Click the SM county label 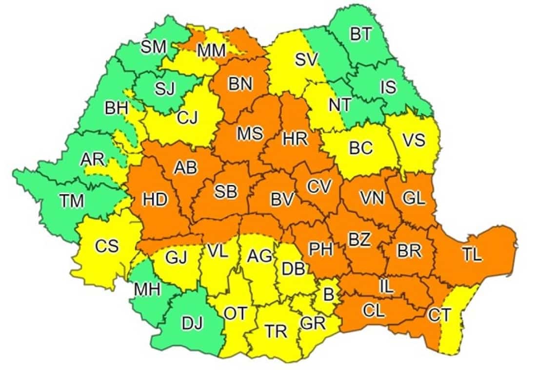click(153, 47)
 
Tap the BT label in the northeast click(360, 35)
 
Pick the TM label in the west click(71, 200)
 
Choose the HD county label click(155, 200)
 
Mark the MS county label click(250, 133)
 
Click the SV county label click(306, 60)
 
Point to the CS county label click(107, 246)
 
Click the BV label click(282, 199)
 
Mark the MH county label click(148, 290)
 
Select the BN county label click(240, 84)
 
